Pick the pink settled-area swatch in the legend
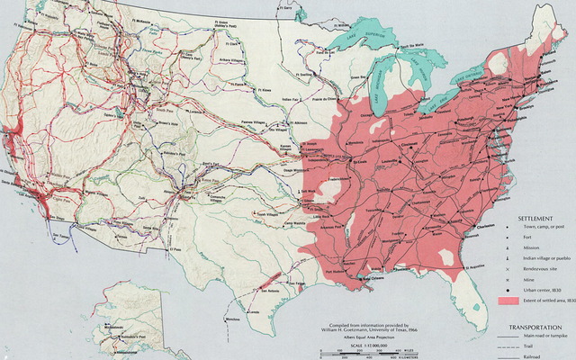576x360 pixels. (509, 298)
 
